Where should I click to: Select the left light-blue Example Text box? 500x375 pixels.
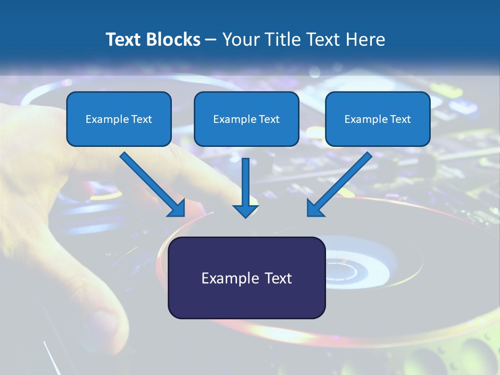119,119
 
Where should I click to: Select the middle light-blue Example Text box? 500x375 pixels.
246,119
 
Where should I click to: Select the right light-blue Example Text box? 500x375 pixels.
378,119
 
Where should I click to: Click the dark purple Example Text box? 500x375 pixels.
246,278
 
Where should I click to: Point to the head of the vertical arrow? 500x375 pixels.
245,210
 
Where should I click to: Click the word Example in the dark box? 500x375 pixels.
223,278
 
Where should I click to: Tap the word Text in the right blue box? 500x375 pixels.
400,119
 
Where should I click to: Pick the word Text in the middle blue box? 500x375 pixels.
269,119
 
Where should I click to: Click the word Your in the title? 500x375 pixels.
241,40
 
